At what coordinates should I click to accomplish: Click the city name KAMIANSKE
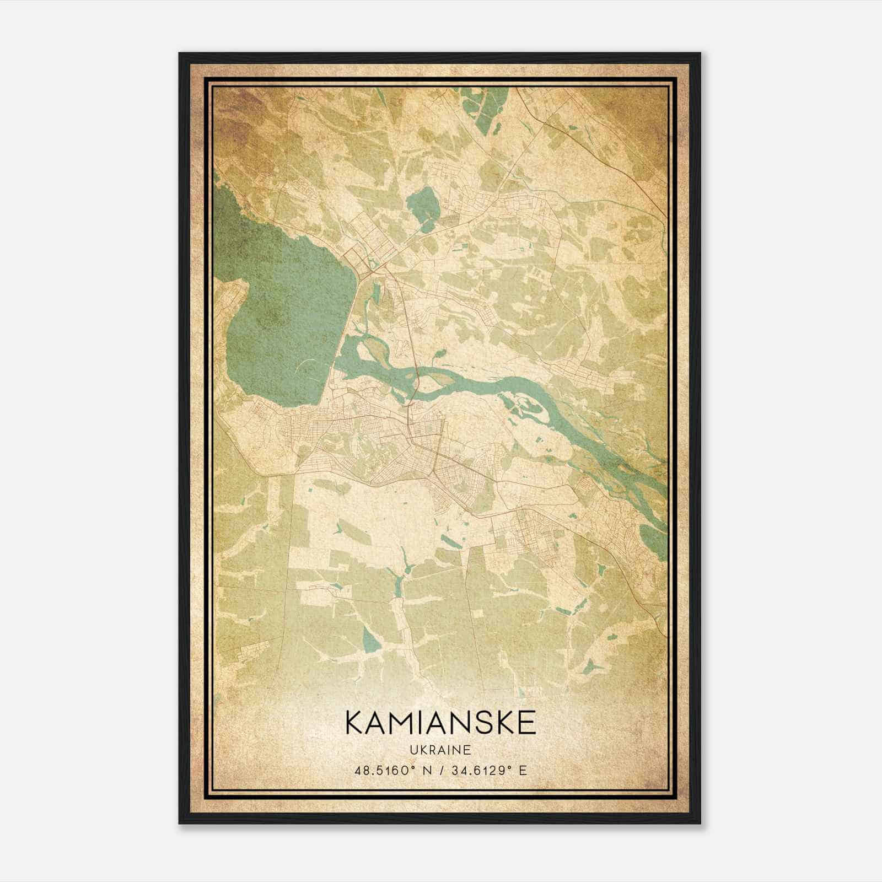point(440,723)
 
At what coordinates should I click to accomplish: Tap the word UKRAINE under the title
point(440,750)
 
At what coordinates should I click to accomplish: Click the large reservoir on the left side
point(281,314)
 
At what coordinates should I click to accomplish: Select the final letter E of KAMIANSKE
point(527,723)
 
